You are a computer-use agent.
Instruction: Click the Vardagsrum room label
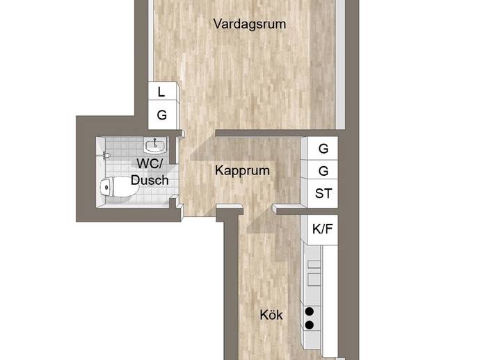coord(250,24)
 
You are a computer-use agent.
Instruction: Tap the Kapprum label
coord(242,171)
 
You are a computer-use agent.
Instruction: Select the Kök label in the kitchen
coord(271,315)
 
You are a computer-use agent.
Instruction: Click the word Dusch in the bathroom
coord(150,180)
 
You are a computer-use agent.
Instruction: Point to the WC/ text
coord(150,163)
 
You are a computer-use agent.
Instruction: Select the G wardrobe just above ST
coord(323,170)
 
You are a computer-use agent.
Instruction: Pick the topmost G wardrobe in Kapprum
coord(323,148)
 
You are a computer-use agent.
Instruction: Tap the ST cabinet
coord(323,194)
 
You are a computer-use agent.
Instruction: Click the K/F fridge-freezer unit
coord(322,229)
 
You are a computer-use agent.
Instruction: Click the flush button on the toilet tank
coord(106,187)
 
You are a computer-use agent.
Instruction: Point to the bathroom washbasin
coord(156,145)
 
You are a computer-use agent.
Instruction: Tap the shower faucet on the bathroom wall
coord(106,155)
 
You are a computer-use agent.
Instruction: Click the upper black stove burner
coord(310,311)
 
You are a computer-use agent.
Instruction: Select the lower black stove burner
coord(310,325)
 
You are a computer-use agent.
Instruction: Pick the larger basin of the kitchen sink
coord(314,279)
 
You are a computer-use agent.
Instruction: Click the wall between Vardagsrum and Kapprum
coord(277,133)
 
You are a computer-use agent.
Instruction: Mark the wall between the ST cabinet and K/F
coord(306,211)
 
